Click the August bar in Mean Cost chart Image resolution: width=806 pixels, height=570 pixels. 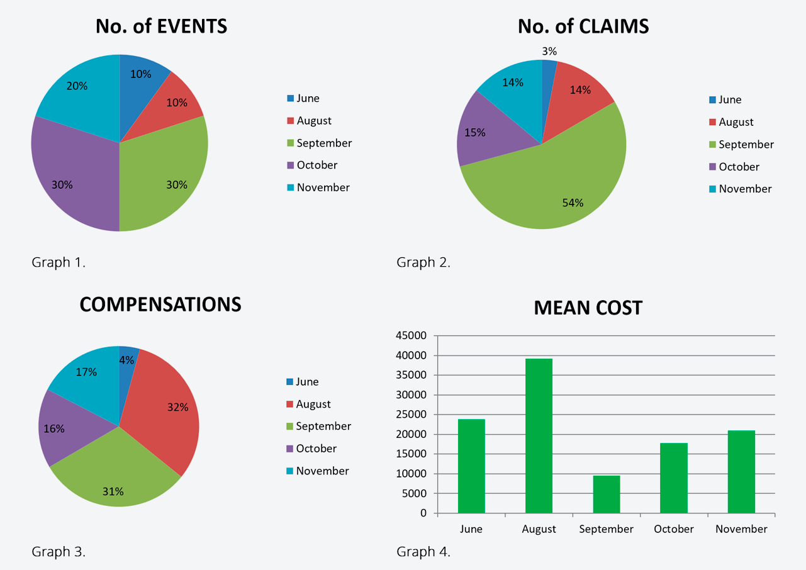click(539, 435)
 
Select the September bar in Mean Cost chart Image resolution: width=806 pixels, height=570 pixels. click(606, 494)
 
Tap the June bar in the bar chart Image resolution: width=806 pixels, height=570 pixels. click(471, 466)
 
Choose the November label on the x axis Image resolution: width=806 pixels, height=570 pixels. click(741, 529)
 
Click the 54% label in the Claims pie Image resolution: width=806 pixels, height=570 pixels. click(573, 203)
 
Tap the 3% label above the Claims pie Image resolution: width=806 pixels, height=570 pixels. click(549, 52)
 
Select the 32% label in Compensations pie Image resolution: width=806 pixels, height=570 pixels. click(178, 407)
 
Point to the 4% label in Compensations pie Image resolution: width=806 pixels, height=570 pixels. click(127, 360)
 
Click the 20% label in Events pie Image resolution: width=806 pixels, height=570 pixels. click(77, 86)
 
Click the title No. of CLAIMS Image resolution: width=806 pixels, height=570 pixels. click(583, 26)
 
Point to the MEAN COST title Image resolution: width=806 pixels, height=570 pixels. click(588, 308)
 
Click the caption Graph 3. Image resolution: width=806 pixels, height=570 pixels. click(59, 552)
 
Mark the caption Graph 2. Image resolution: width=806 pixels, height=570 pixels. click(423, 262)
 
